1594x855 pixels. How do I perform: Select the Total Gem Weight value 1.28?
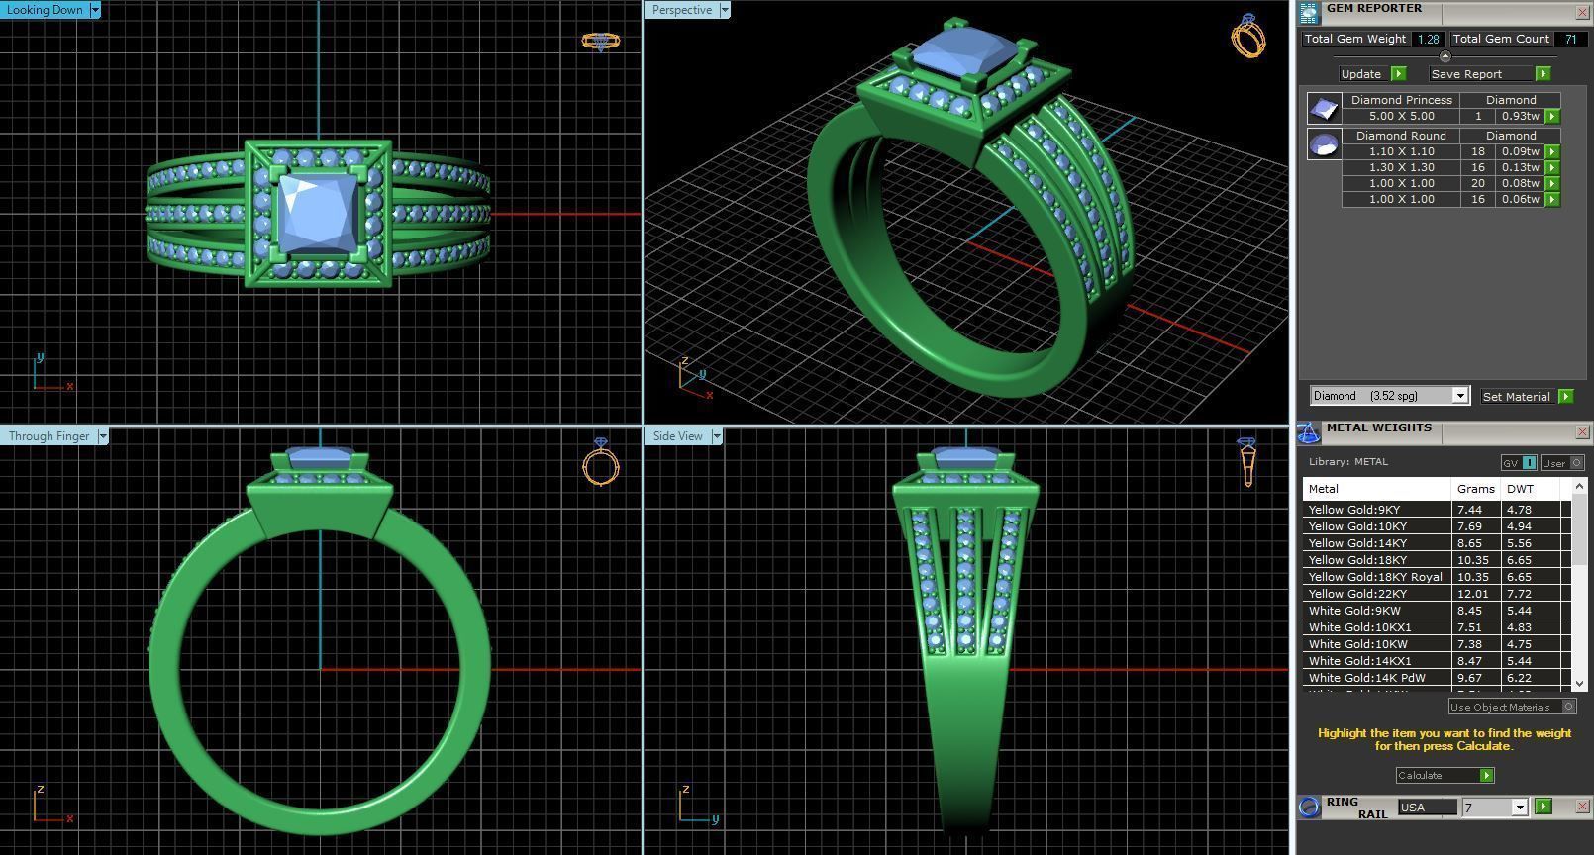pos(1428,39)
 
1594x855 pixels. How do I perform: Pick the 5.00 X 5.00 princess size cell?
pos(1401,116)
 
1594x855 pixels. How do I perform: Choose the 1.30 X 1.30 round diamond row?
pos(1401,167)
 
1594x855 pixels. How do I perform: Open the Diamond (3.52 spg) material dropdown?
pos(1459,396)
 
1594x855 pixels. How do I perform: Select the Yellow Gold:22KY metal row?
pos(1357,594)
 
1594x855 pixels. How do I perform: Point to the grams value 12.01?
pos(1472,594)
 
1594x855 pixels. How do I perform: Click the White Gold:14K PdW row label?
pos(1366,678)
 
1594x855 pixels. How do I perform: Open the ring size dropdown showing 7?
pos(1519,807)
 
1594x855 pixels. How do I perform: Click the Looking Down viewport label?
pos(46,10)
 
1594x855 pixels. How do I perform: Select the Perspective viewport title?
pos(682,10)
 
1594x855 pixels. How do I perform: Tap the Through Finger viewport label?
pos(49,436)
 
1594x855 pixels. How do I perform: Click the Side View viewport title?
pos(678,436)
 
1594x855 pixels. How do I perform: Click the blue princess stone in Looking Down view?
pos(317,213)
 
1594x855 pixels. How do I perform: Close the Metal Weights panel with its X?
pos(1581,432)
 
